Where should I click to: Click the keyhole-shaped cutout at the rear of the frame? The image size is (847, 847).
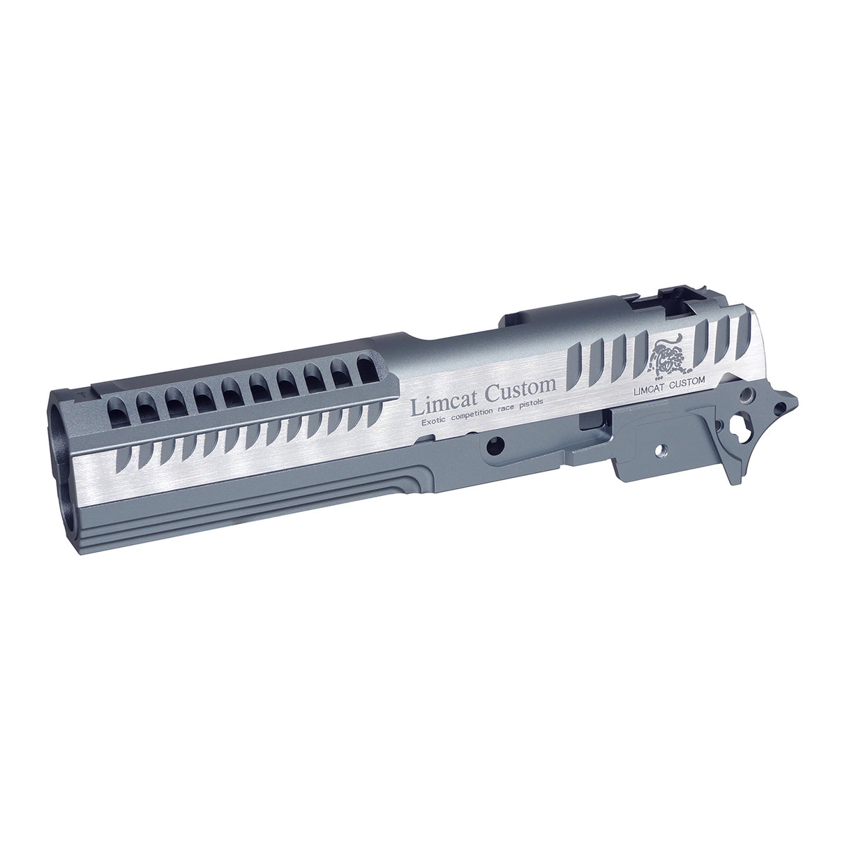[x=738, y=421]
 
